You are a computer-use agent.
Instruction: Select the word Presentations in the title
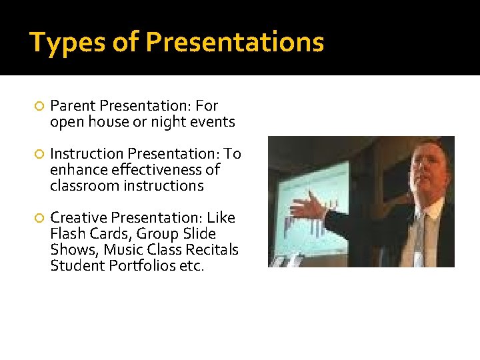pos(235,42)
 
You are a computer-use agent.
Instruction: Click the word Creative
pos(79,218)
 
